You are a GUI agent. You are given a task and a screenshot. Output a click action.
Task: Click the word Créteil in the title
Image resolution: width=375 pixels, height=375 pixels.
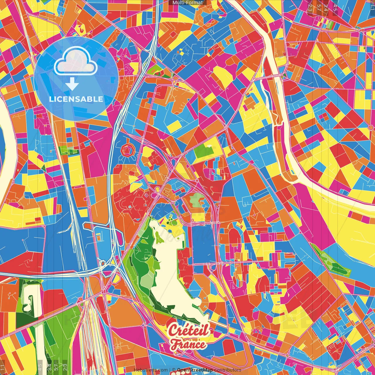click(x=189, y=330)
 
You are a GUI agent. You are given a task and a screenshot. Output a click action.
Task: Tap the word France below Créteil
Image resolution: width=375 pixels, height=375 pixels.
click(x=188, y=344)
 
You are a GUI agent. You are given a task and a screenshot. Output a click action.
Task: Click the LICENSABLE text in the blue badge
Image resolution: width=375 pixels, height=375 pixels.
click(x=76, y=99)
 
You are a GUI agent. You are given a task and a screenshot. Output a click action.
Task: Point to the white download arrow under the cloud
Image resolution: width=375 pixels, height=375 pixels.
click(x=72, y=84)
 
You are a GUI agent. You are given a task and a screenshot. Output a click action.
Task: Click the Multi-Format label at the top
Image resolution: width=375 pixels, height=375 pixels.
click(x=187, y=3)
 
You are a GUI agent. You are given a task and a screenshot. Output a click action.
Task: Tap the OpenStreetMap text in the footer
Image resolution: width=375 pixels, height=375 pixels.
click(x=195, y=370)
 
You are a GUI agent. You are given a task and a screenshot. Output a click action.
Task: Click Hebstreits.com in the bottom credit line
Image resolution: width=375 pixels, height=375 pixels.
click(x=151, y=370)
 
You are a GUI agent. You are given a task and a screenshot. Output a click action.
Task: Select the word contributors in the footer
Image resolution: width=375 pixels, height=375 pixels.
click(x=228, y=370)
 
